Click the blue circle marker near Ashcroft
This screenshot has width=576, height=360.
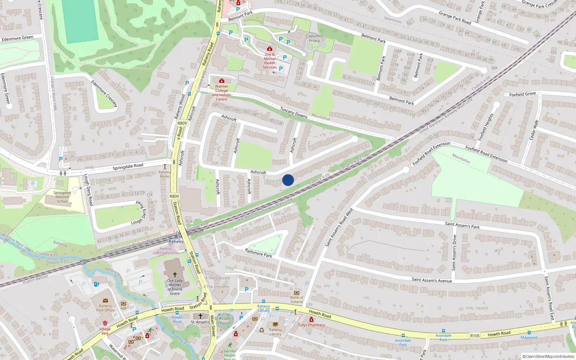(x=288, y=180)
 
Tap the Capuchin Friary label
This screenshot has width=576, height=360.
(x=314, y=38)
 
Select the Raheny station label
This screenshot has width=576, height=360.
(x=176, y=242)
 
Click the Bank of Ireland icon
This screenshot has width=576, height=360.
(x=297, y=293)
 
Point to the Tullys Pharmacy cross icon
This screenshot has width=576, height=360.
(x=311, y=320)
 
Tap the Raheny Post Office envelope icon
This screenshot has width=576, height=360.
(x=105, y=301)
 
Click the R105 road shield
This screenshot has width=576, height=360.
(x=475, y=336)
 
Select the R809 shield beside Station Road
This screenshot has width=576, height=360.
(x=174, y=196)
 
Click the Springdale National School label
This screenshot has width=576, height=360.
(x=62, y=197)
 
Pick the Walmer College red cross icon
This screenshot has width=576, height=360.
(x=221, y=81)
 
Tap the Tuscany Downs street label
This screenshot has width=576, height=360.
(x=294, y=113)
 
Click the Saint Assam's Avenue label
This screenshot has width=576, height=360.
(x=432, y=280)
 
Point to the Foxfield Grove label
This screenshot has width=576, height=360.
(x=522, y=94)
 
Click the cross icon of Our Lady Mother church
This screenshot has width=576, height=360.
(x=175, y=274)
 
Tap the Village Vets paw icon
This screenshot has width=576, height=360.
(x=105, y=323)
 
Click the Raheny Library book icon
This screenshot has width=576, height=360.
(x=275, y=324)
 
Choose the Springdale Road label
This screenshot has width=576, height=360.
(x=128, y=167)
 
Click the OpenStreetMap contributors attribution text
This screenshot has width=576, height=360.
(x=548, y=356)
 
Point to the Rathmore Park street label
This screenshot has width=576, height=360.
(x=258, y=253)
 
